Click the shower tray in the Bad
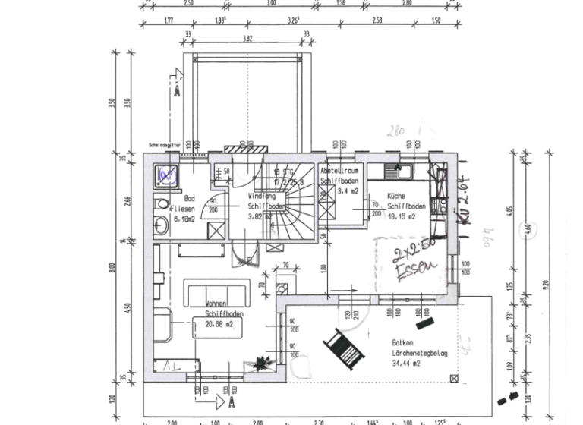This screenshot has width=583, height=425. coord(166,175)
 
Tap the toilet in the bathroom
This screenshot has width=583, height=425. coord(161,204)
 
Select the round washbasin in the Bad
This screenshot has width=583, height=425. coord(162,225)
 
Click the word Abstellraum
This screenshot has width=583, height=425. coord(339,172)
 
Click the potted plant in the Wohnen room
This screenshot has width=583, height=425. coord(263,363)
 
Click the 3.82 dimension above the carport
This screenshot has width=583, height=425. coord(247,37)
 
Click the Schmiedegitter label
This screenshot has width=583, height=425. coord(163,143)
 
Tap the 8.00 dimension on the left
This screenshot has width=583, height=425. coord(112,269)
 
